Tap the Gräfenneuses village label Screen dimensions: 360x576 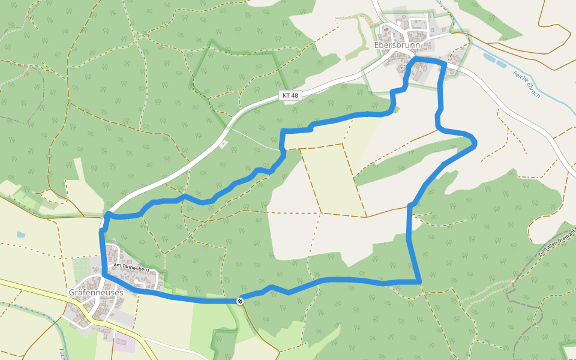pos(96,292)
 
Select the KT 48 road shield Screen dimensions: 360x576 pos(289,95)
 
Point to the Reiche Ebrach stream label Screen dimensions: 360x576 pos(527,84)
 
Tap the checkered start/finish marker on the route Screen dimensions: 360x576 pos(240,301)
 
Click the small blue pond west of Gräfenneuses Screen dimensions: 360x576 pos(22,235)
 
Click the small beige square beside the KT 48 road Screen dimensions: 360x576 pos(223,143)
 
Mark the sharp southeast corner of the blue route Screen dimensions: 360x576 pos(419,281)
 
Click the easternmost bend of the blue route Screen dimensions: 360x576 pos(475,142)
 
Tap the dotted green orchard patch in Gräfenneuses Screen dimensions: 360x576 pos(80,267)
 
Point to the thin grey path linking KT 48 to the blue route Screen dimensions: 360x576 pos(255,139)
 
